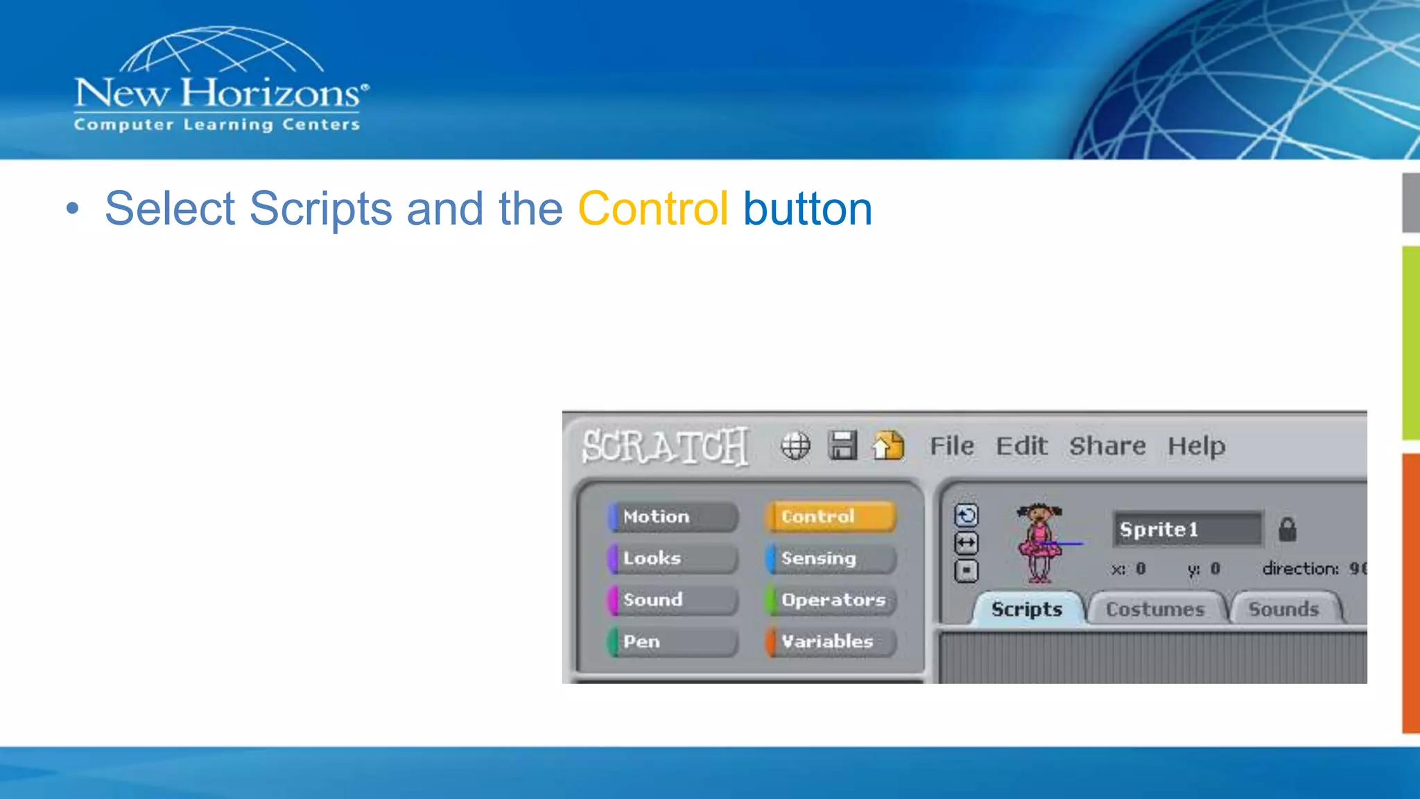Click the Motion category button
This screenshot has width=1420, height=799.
(671, 517)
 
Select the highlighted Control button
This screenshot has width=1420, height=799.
(830, 517)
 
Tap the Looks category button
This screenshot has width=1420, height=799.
(671, 558)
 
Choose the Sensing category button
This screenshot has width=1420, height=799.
(830, 558)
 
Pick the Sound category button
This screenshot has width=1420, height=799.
(671, 600)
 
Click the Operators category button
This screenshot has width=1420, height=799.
(830, 600)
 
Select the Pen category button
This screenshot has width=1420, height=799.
(671, 642)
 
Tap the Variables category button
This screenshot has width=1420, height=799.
(830, 642)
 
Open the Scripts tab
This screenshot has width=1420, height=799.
(1026, 609)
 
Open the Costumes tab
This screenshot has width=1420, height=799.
(1155, 609)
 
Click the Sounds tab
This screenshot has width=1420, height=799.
(1283, 609)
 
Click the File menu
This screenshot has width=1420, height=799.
(951, 446)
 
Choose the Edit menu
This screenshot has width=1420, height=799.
(1021, 446)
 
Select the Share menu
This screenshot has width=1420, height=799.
(1107, 446)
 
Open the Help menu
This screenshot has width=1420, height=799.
(1196, 446)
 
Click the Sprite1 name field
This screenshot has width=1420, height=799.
(1187, 529)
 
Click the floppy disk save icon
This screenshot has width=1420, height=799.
(842, 445)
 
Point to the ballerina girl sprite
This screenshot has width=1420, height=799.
(1039, 542)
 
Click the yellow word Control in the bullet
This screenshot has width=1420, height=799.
(652, 209)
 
